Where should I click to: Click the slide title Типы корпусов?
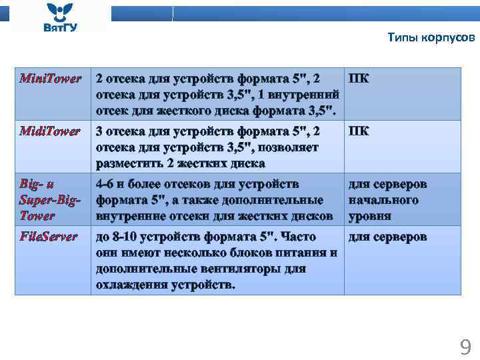[431, 37]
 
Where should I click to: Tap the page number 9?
[465, 347]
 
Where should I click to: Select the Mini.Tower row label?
[51, 79]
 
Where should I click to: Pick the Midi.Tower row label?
[51, 131]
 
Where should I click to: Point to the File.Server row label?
[49, 237]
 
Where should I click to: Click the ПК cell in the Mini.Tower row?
[359, 79]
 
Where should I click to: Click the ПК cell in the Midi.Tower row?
[359, 131]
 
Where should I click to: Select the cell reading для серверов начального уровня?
[387, 200]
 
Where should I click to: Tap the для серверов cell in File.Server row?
[387, 237]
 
